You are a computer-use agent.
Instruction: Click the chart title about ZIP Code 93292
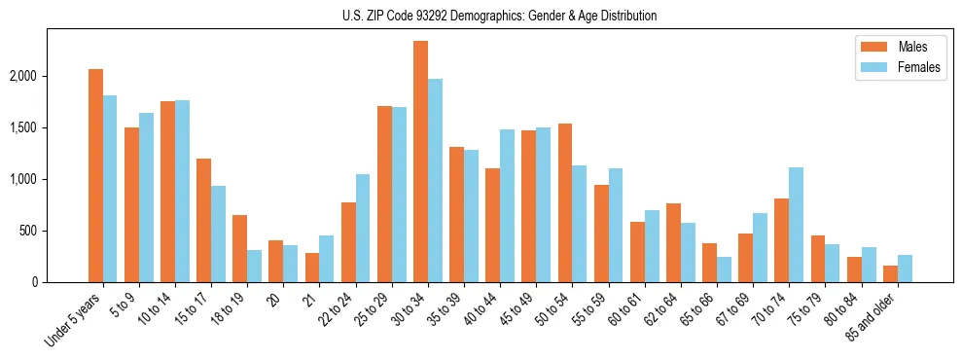click(499, 16)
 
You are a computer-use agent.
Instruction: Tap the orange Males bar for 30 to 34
click(420, 162)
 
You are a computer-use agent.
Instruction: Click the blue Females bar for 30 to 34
click(435, 180)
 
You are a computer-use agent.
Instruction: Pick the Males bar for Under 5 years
click(95, 175)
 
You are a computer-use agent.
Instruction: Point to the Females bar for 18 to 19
click(255, 266)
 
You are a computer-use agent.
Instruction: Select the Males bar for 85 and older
click(890, 273)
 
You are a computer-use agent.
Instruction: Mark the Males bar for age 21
click(312, 268)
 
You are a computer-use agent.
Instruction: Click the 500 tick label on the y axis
click(53, 231)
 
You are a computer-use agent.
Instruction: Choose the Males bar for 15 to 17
click(203, 220)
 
